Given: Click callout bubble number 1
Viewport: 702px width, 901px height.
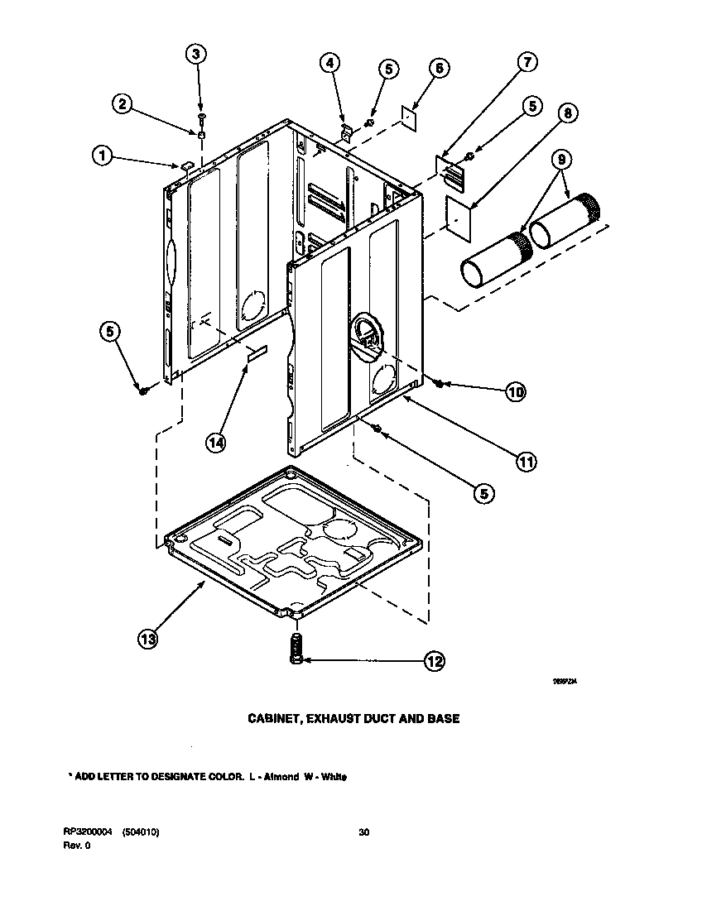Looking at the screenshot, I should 102,155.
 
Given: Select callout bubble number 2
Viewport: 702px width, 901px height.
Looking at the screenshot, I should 122,103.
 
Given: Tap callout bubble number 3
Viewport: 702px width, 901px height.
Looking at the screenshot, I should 195,55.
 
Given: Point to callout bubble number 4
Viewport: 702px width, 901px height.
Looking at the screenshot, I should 329,62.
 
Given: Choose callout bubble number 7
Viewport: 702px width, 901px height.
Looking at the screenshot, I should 527,61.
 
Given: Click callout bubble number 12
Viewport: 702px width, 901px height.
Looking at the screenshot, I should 434,660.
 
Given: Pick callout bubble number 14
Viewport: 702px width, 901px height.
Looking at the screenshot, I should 215,443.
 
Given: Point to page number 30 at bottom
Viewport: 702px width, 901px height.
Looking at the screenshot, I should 363,832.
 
